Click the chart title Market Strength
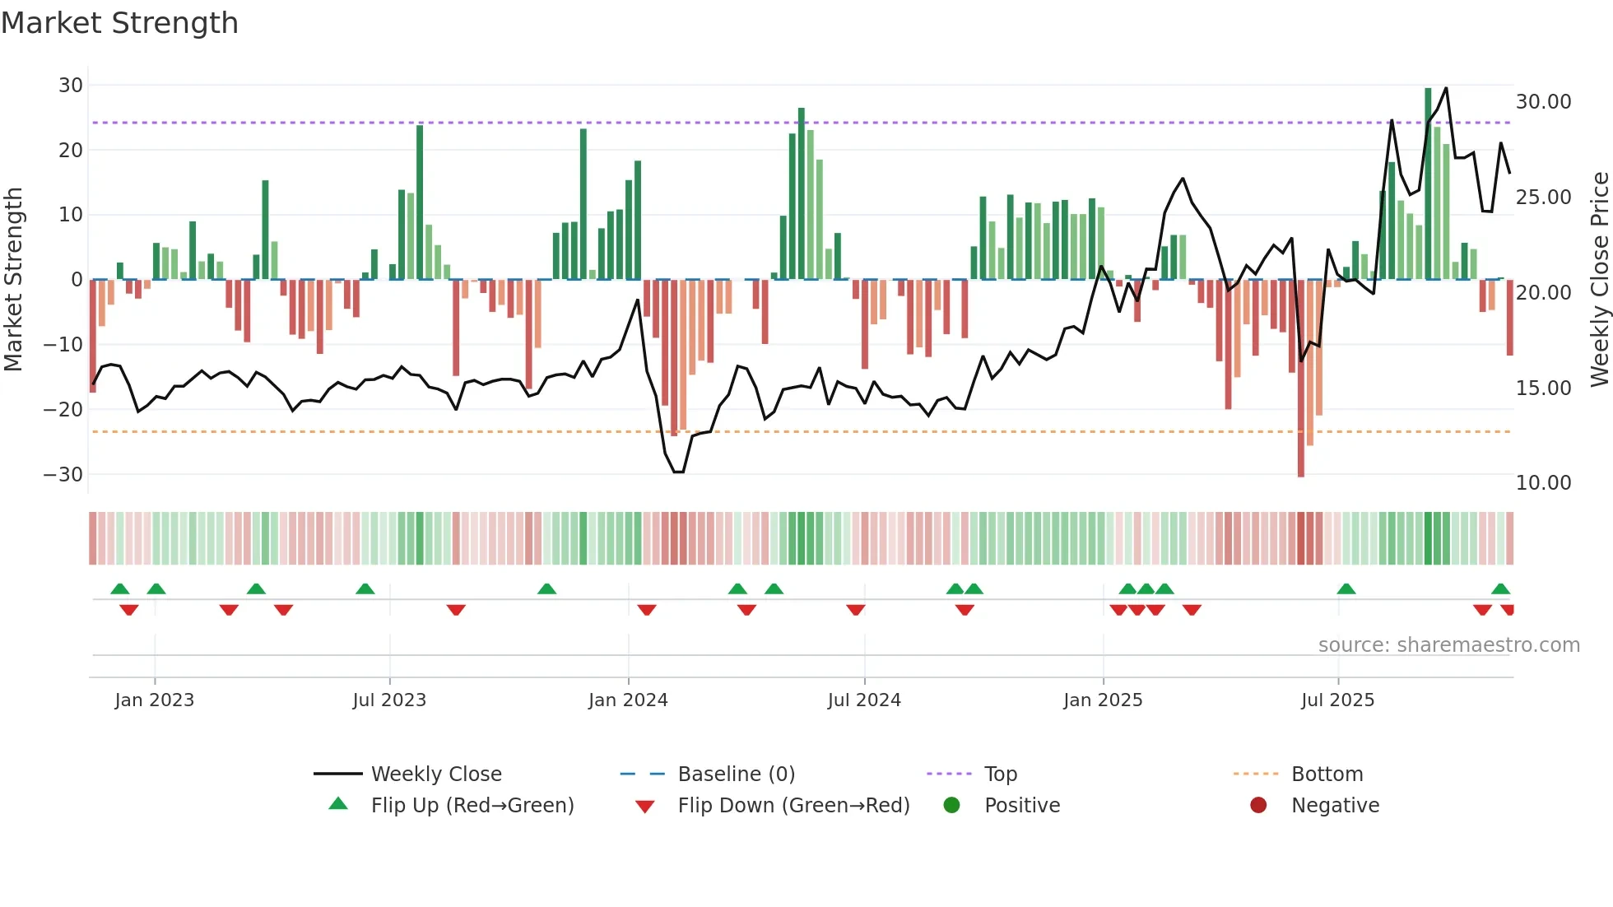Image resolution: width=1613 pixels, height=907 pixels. click(x=119, y=23)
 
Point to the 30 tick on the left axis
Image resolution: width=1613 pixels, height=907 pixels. click(x=71, y=86)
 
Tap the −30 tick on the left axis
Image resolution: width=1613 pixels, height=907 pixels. click(x=63, y=475)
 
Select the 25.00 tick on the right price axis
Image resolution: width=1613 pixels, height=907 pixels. click(x=1543, y=198)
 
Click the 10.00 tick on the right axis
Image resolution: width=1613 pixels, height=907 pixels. click(x=1543, y=483)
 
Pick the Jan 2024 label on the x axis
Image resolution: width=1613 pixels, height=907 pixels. click(x=628, y=700)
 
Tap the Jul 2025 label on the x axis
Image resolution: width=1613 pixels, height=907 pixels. click(x=1337, y=700)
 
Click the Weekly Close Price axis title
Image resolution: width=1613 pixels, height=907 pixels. click(x=1599, y=280)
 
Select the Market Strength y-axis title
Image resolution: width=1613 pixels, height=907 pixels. click(x=14, y=280)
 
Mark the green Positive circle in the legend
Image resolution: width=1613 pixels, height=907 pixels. click(x=952, y=806)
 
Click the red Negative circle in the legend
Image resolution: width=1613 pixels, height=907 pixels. click(x=1258, y=806)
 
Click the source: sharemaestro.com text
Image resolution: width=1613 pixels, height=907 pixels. click(x=1448, y=645)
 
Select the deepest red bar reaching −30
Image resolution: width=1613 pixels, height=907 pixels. click(x=1301, y=379)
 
